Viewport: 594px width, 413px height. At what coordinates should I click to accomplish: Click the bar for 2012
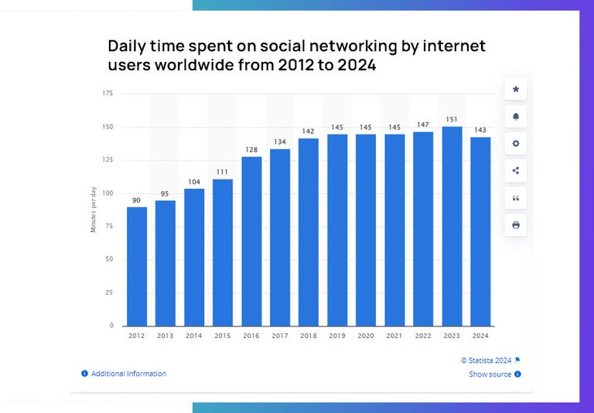coord(137,266)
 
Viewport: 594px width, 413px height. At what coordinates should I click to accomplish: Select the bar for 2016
coord(251,241)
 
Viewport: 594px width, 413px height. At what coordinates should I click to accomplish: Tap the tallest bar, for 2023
coord(452,226)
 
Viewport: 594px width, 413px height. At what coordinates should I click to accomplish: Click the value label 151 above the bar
coord(452,119)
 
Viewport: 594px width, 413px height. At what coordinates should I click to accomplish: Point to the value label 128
coord(251,150)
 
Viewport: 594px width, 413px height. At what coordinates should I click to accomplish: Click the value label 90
coord(137,200)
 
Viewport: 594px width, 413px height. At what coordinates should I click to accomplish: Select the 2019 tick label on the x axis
coord(337,336)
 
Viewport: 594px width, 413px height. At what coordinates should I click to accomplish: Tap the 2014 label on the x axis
coord(194,336)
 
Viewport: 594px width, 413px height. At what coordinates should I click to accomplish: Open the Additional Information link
coord(128,374)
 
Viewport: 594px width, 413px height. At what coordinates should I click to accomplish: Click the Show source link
coord(490,374)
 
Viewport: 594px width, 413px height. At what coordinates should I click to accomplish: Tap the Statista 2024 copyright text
coord(486,360)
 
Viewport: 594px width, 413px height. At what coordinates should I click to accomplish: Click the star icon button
coord(516,90)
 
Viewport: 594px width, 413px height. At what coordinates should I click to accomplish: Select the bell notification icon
coord(516,117)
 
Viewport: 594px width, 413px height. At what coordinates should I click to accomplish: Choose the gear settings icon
coord(516,144)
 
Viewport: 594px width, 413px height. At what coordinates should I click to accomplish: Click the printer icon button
coord(516,225)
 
